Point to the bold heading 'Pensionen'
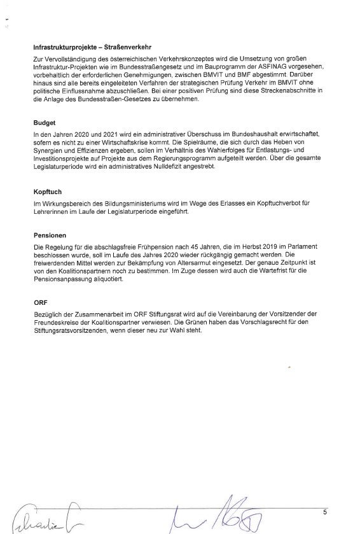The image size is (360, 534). point(50,234)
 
